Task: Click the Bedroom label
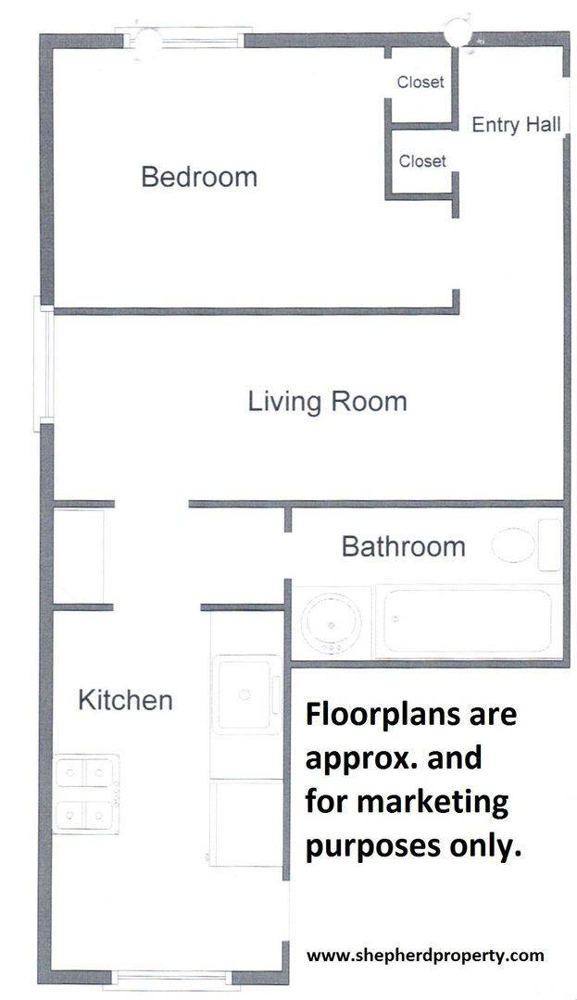199,177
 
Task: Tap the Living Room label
327,402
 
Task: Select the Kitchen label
126,700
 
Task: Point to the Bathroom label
404,546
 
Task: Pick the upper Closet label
420,81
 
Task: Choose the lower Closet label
422,161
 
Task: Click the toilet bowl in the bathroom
513,545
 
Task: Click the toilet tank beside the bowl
549,544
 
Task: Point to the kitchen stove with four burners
86,794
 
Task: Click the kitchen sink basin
245,695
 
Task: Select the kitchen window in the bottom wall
171,978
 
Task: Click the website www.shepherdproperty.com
426,956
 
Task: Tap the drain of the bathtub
395,619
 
